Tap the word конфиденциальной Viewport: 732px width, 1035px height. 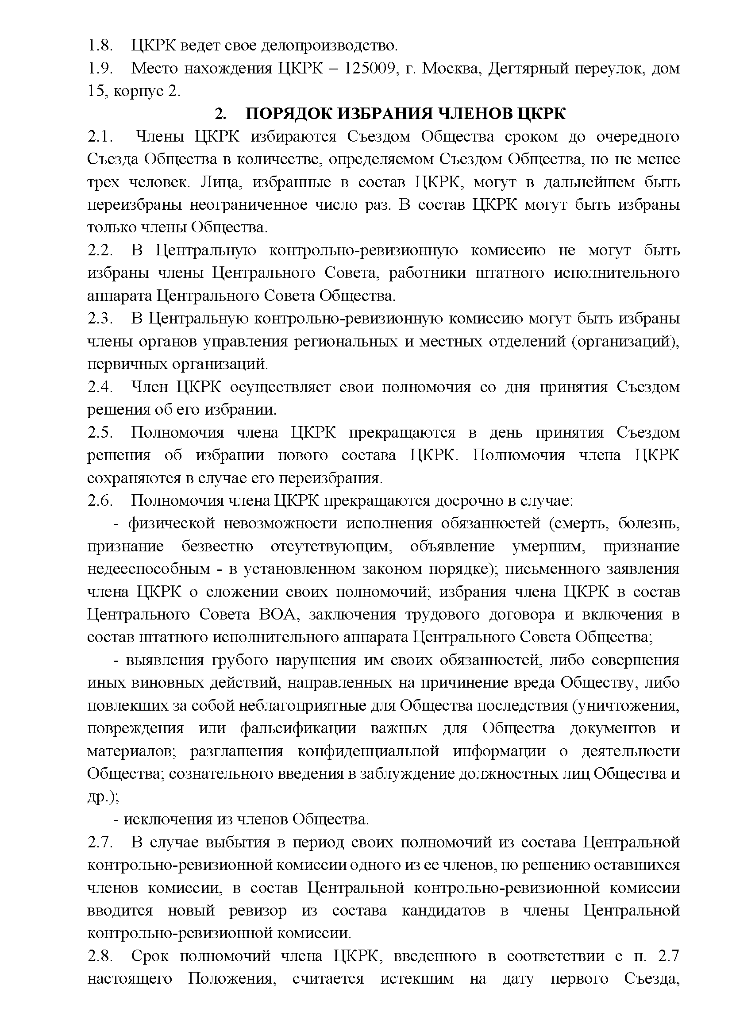point(368,751)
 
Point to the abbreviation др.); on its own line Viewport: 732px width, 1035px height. point(103,797)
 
